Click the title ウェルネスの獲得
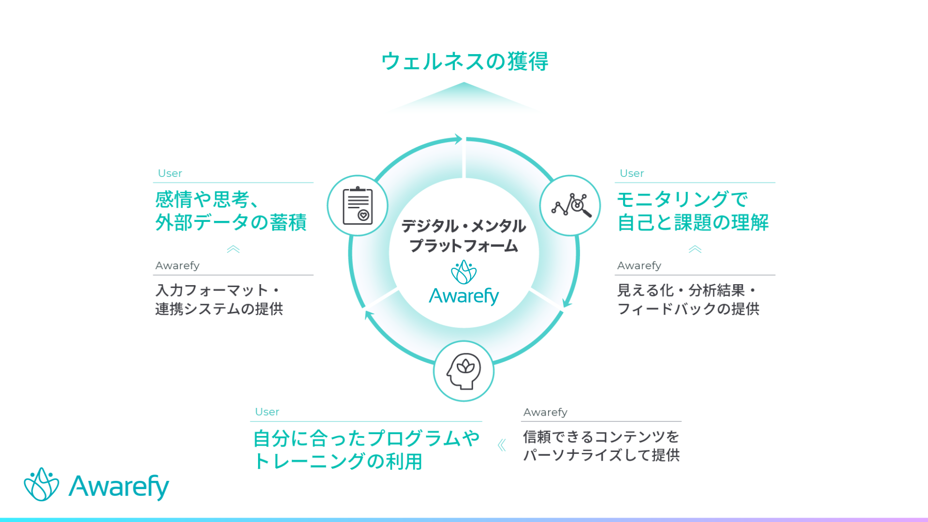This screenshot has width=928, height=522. (464, 61)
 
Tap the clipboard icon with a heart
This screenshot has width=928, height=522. (358, 206)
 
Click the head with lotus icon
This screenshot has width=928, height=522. (464, 371)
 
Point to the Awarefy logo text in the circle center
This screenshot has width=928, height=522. (464, 296)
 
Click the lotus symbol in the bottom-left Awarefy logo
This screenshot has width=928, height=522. (42, 484)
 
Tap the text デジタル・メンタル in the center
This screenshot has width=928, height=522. (464, 226)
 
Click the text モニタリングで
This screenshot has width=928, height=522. (682, 199)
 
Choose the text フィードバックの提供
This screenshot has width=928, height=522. (688, 309)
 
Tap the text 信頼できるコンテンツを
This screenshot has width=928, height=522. (601, 437)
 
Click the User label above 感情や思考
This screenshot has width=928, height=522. (170, 173)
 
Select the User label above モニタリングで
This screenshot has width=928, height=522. (632, 173)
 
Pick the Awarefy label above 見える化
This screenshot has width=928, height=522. (639, 265)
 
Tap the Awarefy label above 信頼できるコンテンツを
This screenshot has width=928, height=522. (545, 412)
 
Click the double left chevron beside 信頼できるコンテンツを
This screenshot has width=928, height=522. (502, 445)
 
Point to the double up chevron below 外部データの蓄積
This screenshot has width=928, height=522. (233, 249)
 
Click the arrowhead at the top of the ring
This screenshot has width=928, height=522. (458, 139)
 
